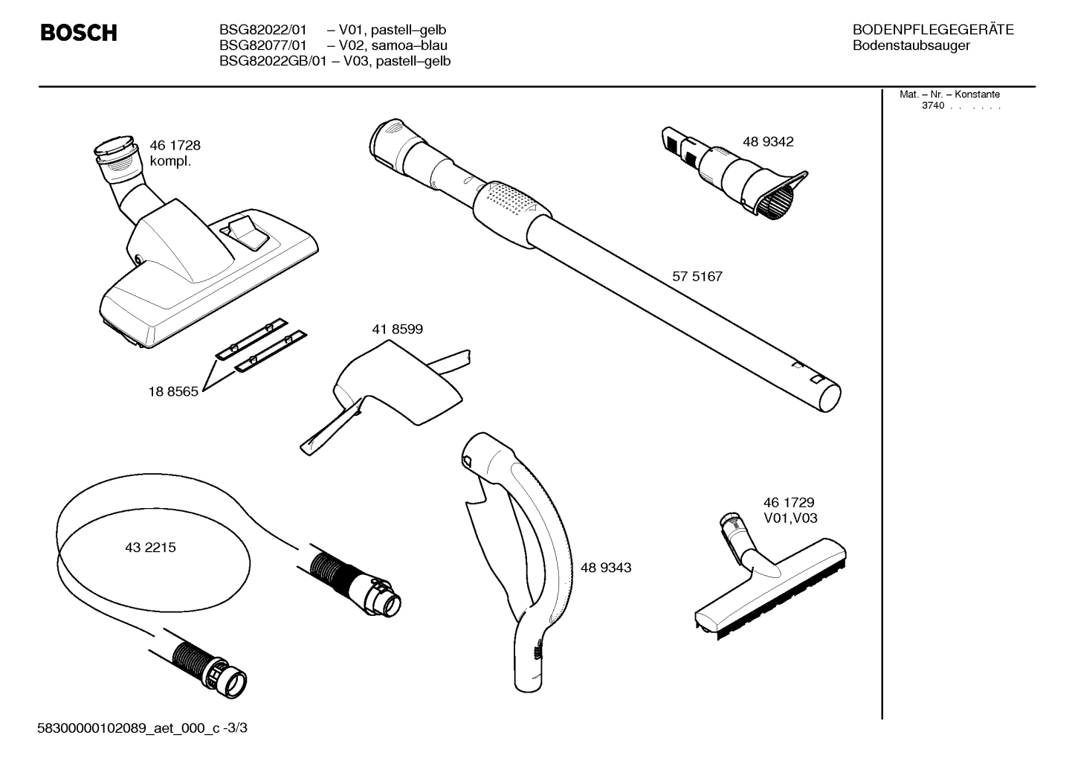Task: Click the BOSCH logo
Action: (x=78, y=33)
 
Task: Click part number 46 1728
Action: (x=175, y=145)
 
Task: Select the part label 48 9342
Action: (x=768, y=141)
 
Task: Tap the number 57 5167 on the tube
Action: (x=697, y=276)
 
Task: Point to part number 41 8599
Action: (x=397, y=328)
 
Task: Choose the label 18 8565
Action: (x=173, y=391)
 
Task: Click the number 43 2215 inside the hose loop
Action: (x=150, y=547)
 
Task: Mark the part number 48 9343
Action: (x=606, y=568)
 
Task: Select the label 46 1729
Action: (x=789, y=503)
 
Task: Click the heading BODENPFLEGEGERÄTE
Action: (x=933, y=30)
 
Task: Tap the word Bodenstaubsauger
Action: (x=911, y=45)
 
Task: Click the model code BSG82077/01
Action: (x=262, y=45)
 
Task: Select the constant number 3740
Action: (x=932, y=106)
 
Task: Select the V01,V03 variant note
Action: (x=790, y=518)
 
